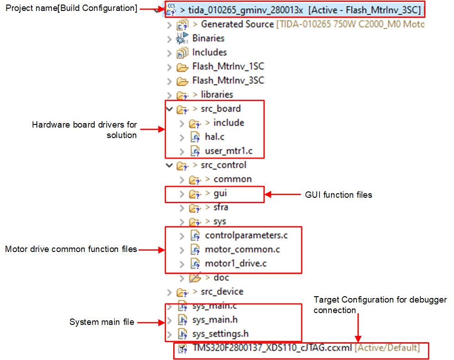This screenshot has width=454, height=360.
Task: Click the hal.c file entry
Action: click(214, 137)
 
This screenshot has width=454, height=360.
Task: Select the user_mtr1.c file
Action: click(228, 151)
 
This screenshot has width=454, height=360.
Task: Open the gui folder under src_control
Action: click(220, 193)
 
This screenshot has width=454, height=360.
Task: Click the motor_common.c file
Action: click(242, 249)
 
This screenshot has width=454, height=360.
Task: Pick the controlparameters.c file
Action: click(246, 235)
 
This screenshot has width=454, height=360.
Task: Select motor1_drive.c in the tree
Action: click(236, 263)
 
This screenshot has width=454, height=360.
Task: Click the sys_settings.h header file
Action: click(221, 334)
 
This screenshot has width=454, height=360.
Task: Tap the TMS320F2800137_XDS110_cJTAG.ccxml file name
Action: click(272, 348)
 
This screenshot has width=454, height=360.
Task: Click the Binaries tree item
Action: click(208, 38)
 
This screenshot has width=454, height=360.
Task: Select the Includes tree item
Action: click(209, 52)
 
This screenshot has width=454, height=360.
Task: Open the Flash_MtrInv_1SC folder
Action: click(228, 67)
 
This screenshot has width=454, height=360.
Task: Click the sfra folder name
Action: click(221, 207)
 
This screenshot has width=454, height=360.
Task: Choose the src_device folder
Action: click(222, 292)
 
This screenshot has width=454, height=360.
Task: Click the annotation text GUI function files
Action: click(338, 195)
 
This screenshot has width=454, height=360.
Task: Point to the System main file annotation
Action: click(102, 322)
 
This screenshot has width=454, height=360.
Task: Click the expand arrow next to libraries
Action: click(170, 95)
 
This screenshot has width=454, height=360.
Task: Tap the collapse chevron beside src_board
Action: click(170, 109)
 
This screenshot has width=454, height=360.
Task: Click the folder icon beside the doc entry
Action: click(195, 278)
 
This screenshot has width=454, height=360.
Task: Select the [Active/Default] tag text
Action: click(387, 348)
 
